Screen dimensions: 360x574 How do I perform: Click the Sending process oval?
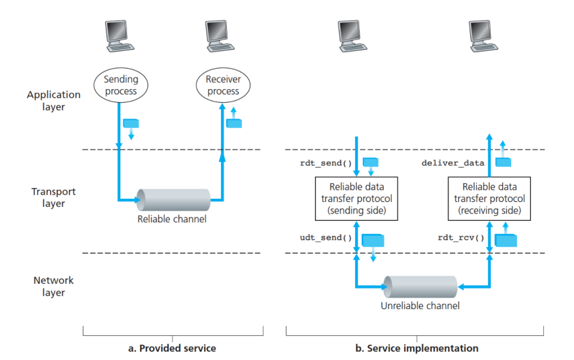[x=121, y=85]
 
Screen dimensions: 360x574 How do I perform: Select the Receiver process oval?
[x=223, y=85]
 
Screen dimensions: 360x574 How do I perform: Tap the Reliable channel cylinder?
[x=173, y=200]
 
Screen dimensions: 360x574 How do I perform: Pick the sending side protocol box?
[x=357, y=199]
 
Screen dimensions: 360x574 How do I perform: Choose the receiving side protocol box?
[x=489, y=199]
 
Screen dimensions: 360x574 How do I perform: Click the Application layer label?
[x=54, y=100]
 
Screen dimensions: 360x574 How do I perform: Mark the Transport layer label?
[x=54, y=197]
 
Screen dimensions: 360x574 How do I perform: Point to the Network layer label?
[x=54, y=286]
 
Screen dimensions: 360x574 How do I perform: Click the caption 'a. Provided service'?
[x=172, y=348]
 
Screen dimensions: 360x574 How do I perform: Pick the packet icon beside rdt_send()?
[x=371, y=162]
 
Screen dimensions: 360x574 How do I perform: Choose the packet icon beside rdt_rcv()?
[x=505, y=239]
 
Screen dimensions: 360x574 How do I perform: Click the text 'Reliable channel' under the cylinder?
[x=172, y=219]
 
